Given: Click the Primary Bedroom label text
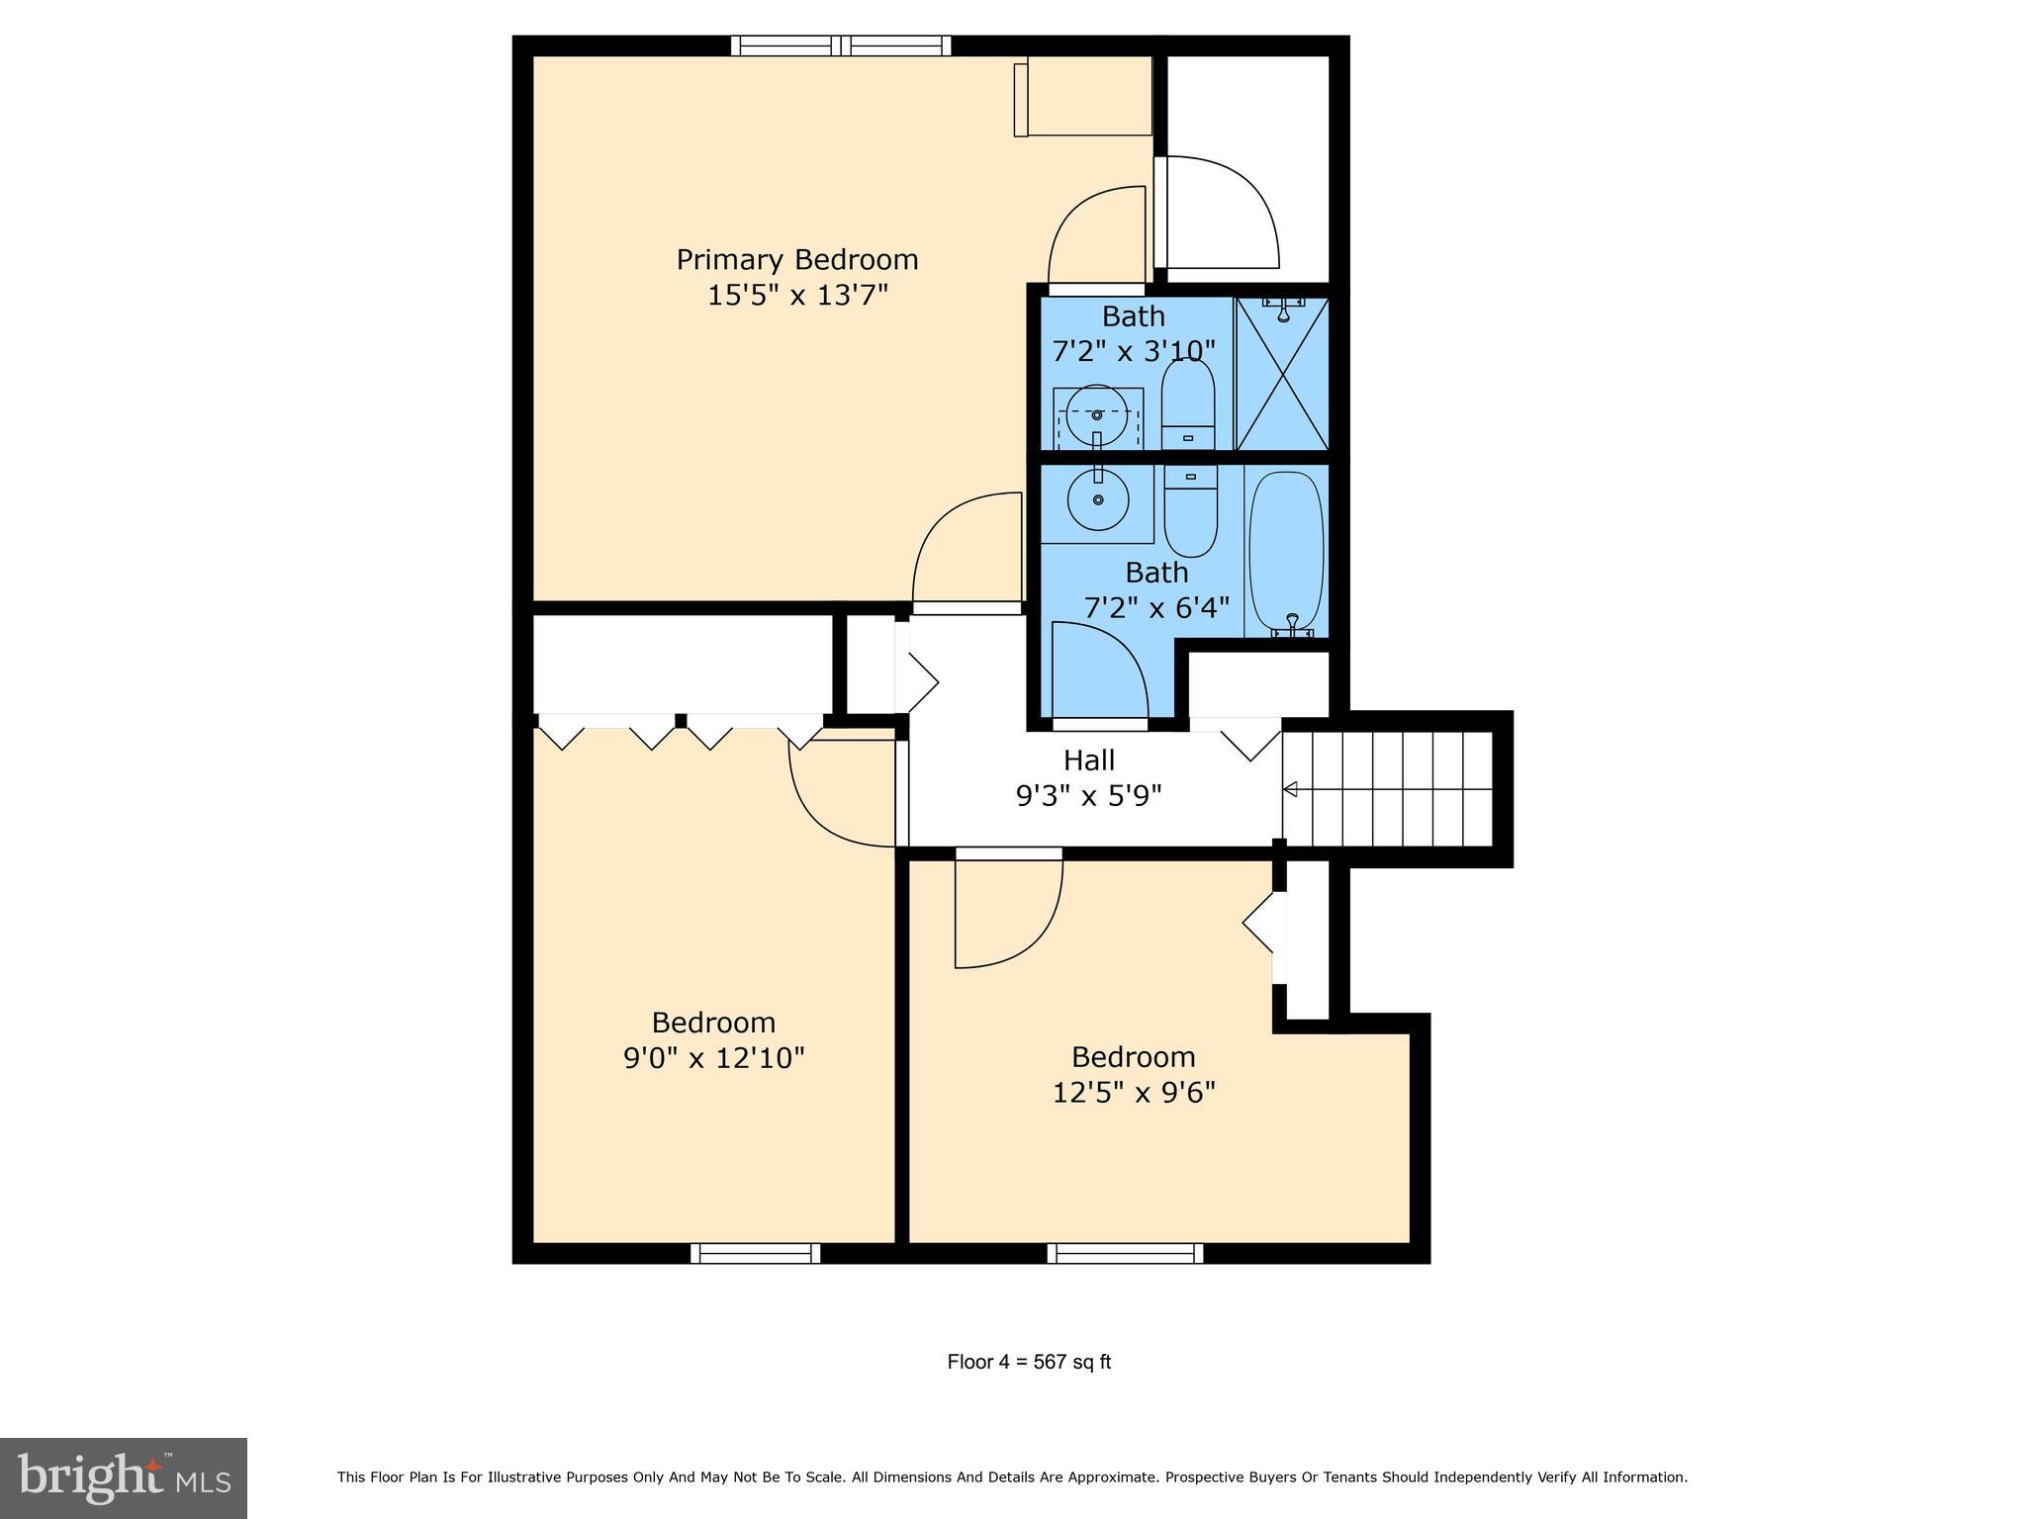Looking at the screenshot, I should click(x=797, y=260).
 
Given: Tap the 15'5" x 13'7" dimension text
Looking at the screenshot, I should click(x=797, y=296).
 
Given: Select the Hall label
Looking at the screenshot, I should click(x=1088, y=760).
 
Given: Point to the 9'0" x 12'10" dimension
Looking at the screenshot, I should click(x=713, y=1058).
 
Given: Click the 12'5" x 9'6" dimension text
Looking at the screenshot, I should click(x=1133, y=1093).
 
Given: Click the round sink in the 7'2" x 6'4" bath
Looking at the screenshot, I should click(x=1097, y=499).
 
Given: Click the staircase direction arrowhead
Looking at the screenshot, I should click(x=1290, y=789).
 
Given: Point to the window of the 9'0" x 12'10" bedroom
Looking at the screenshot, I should click(x=756, y=1253).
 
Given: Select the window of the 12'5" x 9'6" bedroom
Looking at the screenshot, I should click(x=1125, y=1253).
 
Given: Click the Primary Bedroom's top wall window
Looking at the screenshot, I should click(x=841, y=45).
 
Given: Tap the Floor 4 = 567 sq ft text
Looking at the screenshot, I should click(x=1029, y=1362).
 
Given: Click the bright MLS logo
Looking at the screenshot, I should click(x=124, y=1478).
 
